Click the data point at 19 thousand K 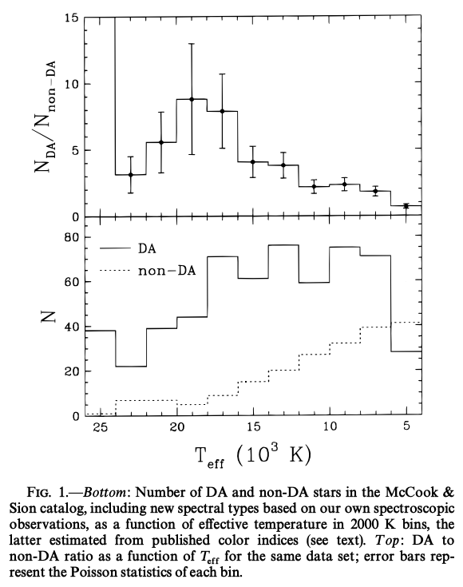[x=192, y=99]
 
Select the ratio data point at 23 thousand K [x=131, y=175]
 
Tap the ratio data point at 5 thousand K [x=406, y=206]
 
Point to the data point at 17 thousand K [x=223, y=111]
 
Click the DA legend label [x=147, y=249]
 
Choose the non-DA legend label [x=167, y=270]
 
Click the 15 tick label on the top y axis [x=72, y=18]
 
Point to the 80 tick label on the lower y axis [x=72, y=238]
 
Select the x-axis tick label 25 [x=101, y=426]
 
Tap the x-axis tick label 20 [x=177, y=426]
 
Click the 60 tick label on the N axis [x=72, y=281]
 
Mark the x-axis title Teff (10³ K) [x=253, y=456]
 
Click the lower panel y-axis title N [x=48, y=317]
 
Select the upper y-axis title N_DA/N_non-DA [x=46, y=117]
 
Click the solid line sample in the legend [x=115, y=248]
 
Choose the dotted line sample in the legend [x=115, y=270]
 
